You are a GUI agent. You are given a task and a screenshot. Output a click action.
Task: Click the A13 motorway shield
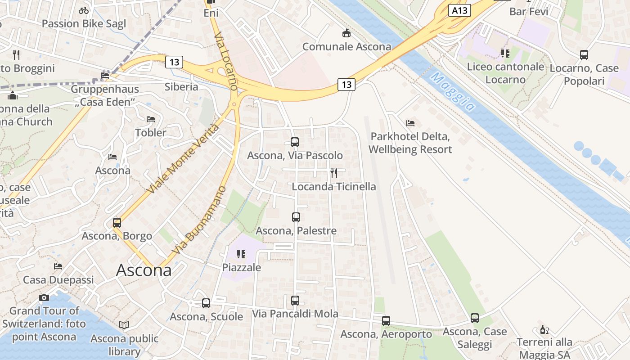(x=459, y=10)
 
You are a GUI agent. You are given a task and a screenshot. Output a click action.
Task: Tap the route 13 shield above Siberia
(x=174, y=62)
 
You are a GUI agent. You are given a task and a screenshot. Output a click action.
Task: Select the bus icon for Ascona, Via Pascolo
(x=295, y=142)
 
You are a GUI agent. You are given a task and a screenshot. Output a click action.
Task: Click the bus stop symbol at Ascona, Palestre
(x=296, y=217)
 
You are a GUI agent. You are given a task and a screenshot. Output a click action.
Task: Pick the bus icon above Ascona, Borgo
(x=117, y=222)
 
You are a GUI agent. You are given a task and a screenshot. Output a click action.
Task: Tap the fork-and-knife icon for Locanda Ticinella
(x=334, y=173)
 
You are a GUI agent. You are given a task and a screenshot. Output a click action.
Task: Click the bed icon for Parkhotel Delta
(x=410, y=123)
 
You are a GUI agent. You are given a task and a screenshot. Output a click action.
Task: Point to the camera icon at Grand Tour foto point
(x=44, y=297)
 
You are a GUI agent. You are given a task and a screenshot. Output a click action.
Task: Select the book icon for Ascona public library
(x=124, y=325)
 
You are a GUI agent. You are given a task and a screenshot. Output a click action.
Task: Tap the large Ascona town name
(x=144, y=270)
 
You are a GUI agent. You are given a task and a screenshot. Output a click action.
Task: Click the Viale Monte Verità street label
(x=183, y=159)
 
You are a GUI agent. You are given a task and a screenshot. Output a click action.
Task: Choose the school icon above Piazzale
(x=241, y=254)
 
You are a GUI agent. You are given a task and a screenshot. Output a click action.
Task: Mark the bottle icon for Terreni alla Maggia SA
(x=544, y=329)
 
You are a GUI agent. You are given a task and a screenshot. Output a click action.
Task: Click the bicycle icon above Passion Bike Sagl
(x=84, y=10)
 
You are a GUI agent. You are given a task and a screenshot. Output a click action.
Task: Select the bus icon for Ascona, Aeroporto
(x=386, y=320)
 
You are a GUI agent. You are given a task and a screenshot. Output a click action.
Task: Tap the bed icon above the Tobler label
(x=151, y=119)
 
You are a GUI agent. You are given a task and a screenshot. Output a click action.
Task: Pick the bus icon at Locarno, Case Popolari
(x=584, y=55)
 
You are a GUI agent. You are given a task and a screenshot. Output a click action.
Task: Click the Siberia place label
(x=181, y=86)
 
